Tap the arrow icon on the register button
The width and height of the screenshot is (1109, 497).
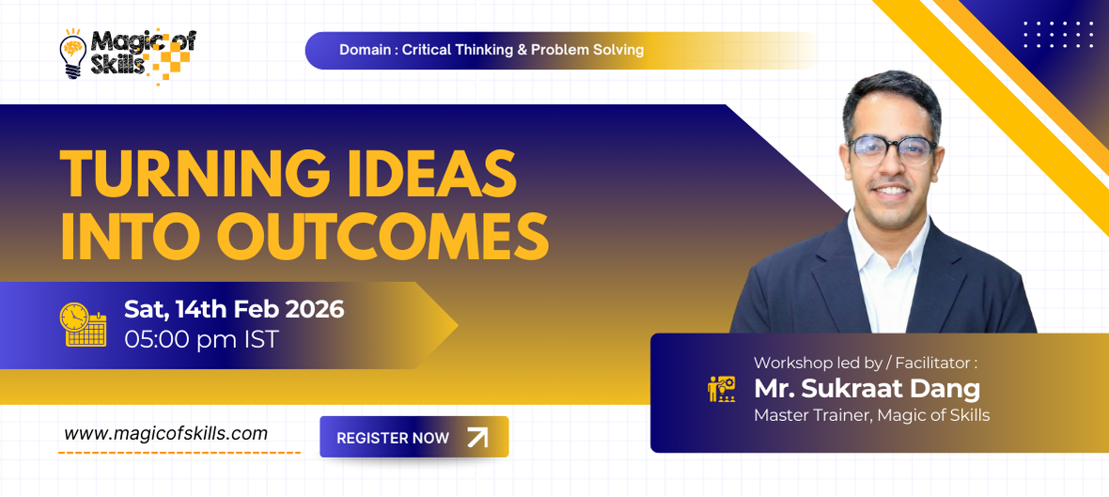(477, 437)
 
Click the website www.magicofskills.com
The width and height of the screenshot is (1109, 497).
(166, 433)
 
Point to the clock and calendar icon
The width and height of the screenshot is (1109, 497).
(83, 324)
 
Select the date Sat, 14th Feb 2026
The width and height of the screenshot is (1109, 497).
(234, 308)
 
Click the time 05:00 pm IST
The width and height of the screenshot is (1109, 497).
(201, 338)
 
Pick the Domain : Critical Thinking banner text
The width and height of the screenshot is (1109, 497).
(492, 50)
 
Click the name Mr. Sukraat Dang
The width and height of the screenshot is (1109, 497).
(867, 388)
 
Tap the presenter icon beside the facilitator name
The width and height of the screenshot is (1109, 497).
(721, 389)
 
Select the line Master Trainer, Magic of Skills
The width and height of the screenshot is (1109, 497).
(871, 414)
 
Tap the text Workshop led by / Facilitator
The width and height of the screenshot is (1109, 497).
(866, 362)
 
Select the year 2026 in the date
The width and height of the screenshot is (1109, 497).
(315, 308)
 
